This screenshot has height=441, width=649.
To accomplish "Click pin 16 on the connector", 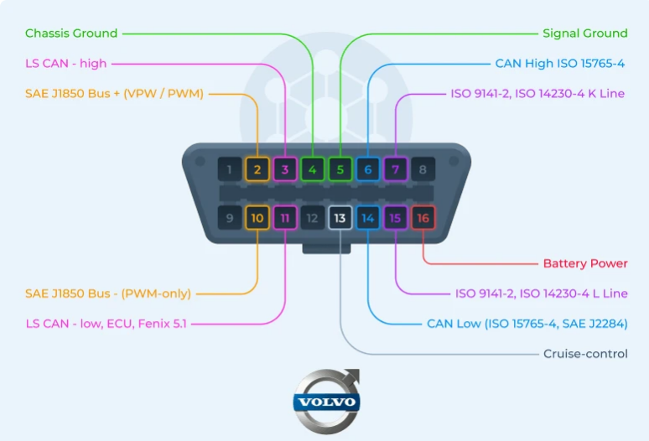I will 423,219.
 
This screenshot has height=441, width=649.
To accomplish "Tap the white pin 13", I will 340,219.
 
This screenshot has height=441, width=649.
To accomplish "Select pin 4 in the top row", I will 313,170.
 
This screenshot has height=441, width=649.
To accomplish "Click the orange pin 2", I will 257,170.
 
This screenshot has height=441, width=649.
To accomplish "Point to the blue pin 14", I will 367,219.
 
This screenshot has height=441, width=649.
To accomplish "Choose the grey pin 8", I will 423,170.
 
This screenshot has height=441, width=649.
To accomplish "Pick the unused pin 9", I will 230,219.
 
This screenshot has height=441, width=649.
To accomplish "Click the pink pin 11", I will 285,219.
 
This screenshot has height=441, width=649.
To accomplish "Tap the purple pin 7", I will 395,170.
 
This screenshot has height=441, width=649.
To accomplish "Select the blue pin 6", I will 367,170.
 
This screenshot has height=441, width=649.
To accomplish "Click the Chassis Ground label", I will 71,34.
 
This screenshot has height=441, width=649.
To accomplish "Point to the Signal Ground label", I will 584,34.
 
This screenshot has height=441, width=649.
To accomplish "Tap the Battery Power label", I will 584,263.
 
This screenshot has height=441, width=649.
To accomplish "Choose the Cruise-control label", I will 585,354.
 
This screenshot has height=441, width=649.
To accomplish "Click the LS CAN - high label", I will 66,64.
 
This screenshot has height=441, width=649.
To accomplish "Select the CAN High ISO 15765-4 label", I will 559,64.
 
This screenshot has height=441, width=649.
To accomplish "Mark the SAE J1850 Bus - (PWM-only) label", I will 108,293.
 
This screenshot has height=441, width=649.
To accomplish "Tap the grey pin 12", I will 312,219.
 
